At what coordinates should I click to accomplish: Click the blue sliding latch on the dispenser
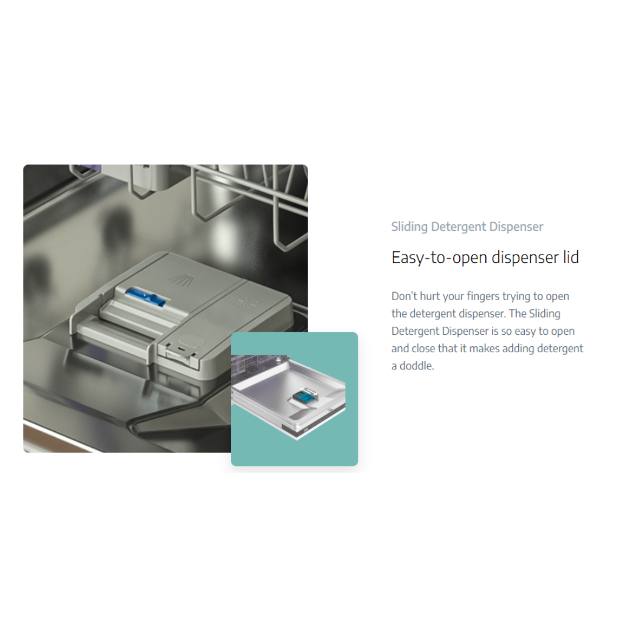145,297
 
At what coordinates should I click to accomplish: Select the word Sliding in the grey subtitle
409,227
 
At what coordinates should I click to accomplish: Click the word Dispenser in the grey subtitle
516,227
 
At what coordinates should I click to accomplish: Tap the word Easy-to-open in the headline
440,258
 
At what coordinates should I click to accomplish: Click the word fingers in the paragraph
483,296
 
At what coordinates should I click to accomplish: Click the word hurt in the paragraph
430,296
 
